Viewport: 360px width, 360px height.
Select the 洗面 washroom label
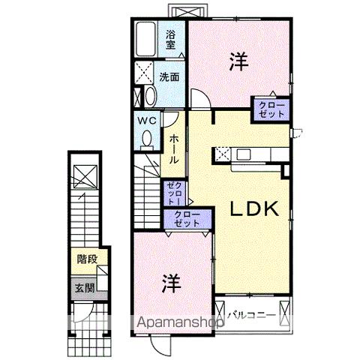pyautogui.click(x=168, y=76)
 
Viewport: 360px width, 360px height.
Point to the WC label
pyautogui.click(x=145, y=119)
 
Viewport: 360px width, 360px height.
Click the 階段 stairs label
pyautogui.click(x=87, y=260)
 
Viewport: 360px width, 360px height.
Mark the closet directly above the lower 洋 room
pyautogui.click(x=182, y=220)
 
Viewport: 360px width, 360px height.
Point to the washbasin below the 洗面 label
pyautogui.click(x=148, y=97)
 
